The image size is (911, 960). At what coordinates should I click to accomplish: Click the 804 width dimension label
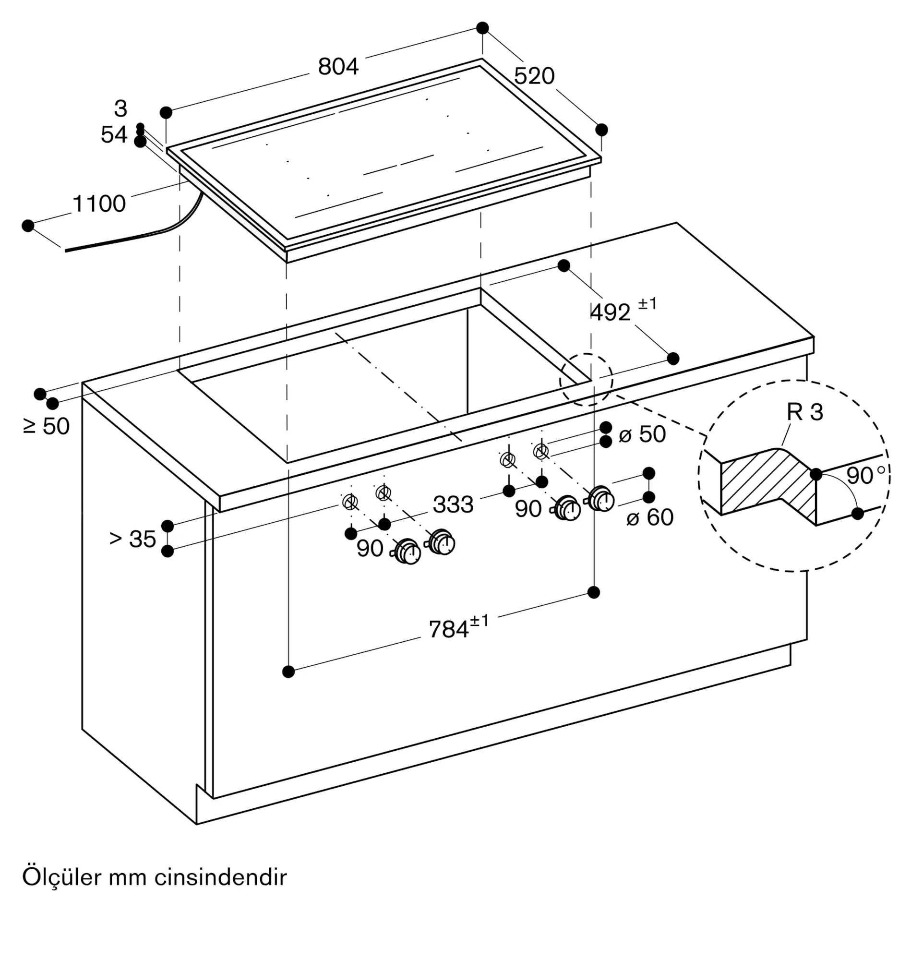click(338, 67)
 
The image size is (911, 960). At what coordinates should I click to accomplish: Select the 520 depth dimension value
click(534, 76)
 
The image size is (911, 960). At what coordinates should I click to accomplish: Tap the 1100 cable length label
click(99, 204)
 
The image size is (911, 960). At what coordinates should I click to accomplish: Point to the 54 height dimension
click(114, 134)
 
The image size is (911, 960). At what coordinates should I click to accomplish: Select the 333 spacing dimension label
click(453, 504)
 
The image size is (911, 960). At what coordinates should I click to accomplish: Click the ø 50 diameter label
click(642, 434)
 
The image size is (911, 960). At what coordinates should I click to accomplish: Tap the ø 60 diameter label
click(650, 517)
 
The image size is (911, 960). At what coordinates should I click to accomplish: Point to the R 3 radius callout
click(805, 412)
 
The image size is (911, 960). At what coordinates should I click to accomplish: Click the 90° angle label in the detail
click(866, 475)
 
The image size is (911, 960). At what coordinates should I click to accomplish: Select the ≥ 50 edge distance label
click(46, 426)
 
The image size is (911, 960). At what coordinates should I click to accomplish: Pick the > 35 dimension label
click(132, 539)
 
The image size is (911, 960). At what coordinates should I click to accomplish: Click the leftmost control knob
click(407, 552)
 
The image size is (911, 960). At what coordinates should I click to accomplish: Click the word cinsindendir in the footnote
click(221, 877)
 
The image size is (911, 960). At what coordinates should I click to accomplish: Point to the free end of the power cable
click(66, 251)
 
